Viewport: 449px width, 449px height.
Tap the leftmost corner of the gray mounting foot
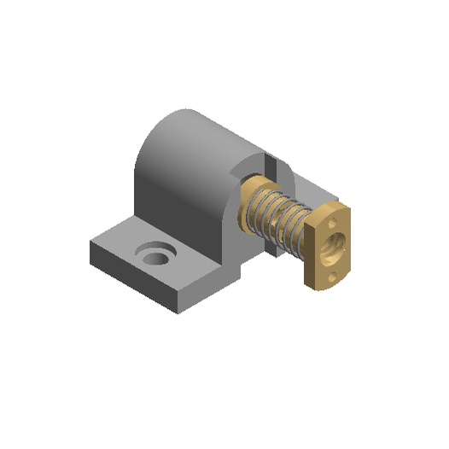(x=90, y=248)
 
